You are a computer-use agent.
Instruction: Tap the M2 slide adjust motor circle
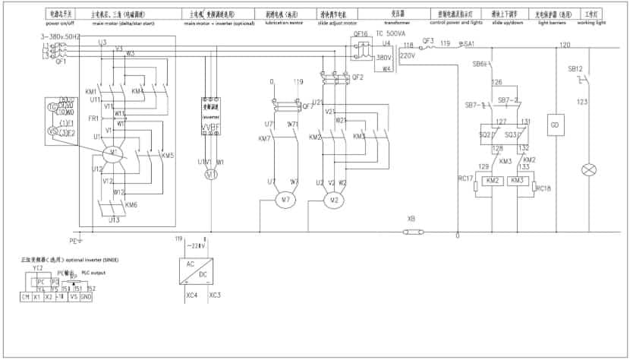(331, 201)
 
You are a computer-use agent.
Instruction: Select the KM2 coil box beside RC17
(492, 181)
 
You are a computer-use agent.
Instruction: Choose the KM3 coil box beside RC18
(517, 181)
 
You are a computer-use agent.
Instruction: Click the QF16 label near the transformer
(361, 35)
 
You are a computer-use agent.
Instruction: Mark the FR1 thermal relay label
(94, 118)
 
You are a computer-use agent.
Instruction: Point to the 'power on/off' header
(61, 24)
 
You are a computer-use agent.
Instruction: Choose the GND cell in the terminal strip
(86, 296)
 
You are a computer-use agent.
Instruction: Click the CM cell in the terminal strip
(26, 296)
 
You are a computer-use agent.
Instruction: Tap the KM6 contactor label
(131, 205)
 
